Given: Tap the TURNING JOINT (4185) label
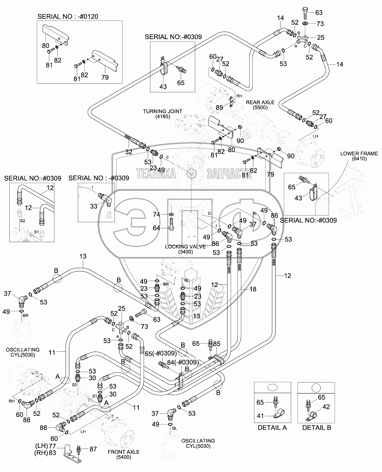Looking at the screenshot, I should tap(163, 114).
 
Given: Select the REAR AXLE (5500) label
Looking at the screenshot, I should tap(260, 105).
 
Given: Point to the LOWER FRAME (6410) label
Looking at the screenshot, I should tap(354, 156).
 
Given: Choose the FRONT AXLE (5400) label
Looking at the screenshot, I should tap(123, 454).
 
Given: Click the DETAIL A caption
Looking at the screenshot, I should tap(272, 427).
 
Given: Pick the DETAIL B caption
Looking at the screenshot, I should tap(316, 427).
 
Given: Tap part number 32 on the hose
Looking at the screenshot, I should tap(128, 152).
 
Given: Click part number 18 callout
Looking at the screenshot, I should tap(253, 289).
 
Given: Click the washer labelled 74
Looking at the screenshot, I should tap(171, 214).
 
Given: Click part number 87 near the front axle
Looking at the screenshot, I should tap(93, 449).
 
